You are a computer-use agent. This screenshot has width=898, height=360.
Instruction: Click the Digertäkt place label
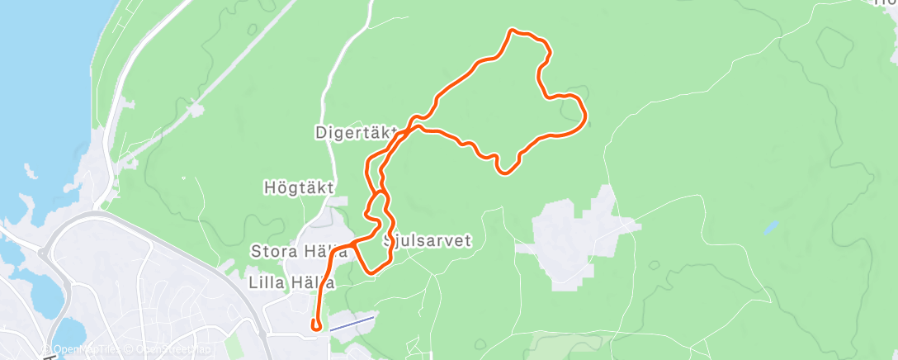click(x=356, y=132)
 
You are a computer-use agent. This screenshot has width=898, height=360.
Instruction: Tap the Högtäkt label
click(x=299, y=187)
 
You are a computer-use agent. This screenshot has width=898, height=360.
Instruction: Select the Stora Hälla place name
click(x=294, y=250)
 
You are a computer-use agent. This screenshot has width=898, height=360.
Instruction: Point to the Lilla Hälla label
click(x=291, y=282)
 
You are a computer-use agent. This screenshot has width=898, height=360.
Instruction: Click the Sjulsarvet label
click(x=428, y=242)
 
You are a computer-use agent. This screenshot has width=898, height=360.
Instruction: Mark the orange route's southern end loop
click(x=316, y=325)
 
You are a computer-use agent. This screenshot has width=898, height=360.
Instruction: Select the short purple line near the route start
click(x=352, y=324)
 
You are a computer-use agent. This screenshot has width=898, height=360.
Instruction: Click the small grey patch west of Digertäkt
click(x=195, y=109)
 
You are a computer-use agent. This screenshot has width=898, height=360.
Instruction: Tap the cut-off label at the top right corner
click(x=885, y=3)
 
